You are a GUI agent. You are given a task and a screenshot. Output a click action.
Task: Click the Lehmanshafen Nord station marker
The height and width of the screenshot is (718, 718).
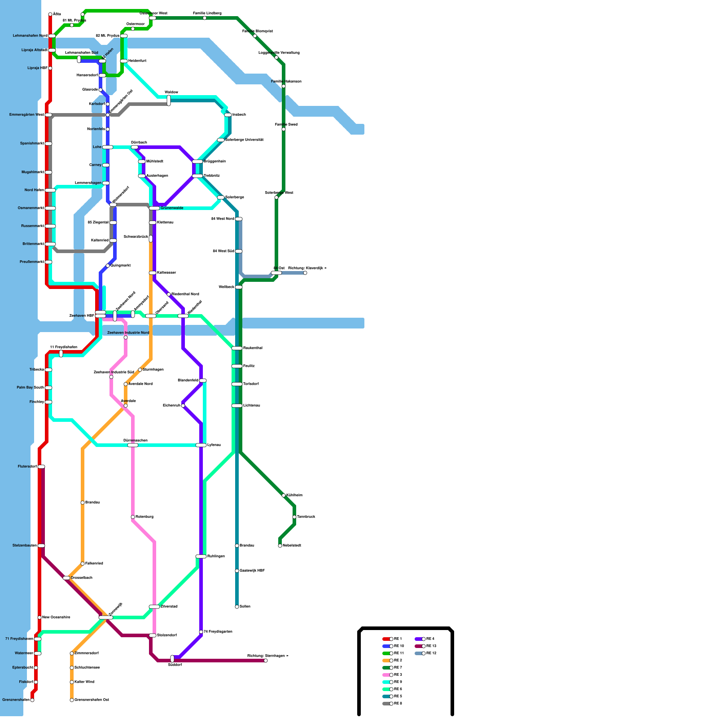[52, 36]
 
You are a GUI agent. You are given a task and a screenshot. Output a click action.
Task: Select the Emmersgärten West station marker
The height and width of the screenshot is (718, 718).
[48, 115]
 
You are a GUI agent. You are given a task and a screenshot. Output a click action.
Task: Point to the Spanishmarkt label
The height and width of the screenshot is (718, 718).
[32, 144]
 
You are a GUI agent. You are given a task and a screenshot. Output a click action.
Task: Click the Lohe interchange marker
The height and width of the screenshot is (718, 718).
[108, 147]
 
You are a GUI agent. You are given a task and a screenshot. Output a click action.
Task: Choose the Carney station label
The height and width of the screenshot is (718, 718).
[95, 165]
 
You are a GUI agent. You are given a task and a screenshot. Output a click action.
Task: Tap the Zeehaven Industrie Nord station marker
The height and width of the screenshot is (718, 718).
[126, 337]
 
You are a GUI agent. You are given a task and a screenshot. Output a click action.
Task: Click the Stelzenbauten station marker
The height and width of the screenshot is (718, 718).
[41, 546]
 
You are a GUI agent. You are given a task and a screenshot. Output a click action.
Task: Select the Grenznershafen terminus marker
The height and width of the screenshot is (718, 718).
[32, 700]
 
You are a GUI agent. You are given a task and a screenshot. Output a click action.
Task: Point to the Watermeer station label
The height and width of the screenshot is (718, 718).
[24, 653]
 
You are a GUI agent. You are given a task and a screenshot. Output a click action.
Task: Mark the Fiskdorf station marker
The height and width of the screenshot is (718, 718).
[36, 682]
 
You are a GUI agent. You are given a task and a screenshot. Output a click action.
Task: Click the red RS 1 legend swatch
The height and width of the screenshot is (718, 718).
[385, 639]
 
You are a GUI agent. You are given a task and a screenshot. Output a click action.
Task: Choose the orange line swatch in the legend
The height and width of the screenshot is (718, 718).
[385, 661]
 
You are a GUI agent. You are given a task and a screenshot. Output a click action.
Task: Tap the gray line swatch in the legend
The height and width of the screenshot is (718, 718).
[385, 704]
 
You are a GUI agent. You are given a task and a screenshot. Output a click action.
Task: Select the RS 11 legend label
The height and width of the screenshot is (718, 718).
[399, 653]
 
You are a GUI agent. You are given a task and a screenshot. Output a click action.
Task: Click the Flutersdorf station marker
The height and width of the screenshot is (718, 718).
[41, 467]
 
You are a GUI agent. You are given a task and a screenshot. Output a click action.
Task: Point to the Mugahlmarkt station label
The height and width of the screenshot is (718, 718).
[33, 172]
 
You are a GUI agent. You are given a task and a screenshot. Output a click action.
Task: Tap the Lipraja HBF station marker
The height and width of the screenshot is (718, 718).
[50, 68]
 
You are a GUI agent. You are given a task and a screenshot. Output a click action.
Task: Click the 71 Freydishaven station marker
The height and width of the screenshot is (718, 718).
[38, 639]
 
